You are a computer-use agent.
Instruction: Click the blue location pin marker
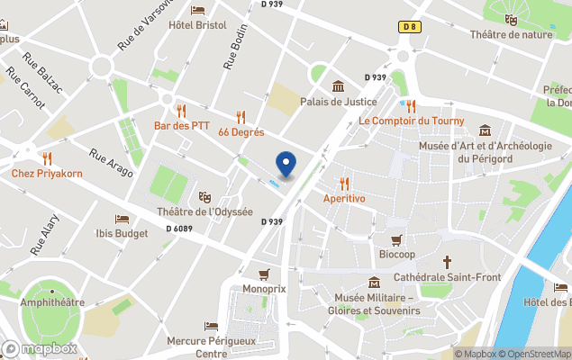coord(286,164)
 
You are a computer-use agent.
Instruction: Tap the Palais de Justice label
coord(338,102)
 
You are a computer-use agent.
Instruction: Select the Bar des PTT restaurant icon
coord(182,112)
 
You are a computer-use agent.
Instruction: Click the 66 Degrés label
coord(241,131)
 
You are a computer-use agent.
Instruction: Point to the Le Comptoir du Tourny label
coord(411,121)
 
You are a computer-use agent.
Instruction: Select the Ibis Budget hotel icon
coord(122,220)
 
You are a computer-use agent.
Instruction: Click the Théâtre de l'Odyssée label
coord(204,212)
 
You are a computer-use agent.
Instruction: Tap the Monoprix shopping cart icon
coord(264,274)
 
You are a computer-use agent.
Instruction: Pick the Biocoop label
coord(396,254)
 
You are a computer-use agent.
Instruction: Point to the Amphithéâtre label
coord(53,303)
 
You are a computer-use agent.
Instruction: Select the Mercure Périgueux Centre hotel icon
coord(212,327)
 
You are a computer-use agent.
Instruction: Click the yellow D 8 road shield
coord(410,27)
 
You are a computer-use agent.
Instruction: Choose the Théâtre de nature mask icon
coord(512,20)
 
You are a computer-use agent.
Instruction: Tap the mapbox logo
coord(41,348)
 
